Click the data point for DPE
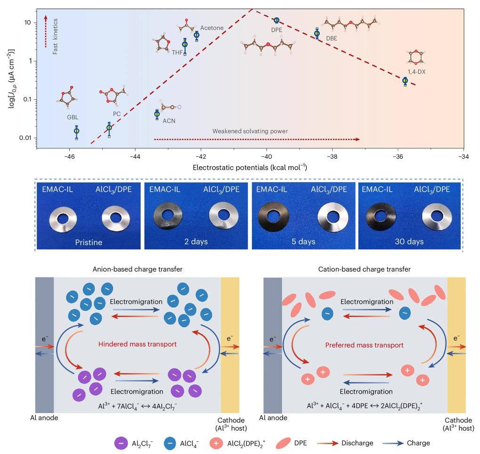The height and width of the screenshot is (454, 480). point(277,20)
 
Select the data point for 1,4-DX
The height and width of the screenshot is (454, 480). point(405,81)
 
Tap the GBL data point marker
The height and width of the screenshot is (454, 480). point(77,131)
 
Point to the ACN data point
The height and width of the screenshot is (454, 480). point(157,114)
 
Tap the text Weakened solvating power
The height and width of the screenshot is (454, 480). point(250,131)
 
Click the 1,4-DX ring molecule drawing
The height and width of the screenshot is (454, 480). point(415,57)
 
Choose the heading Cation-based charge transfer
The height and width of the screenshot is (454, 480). point(364,269)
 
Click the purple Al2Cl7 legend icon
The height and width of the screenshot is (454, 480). point(121,443)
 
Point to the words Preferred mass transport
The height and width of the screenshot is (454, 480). point(364,345)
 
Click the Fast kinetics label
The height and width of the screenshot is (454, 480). point(56,37)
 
